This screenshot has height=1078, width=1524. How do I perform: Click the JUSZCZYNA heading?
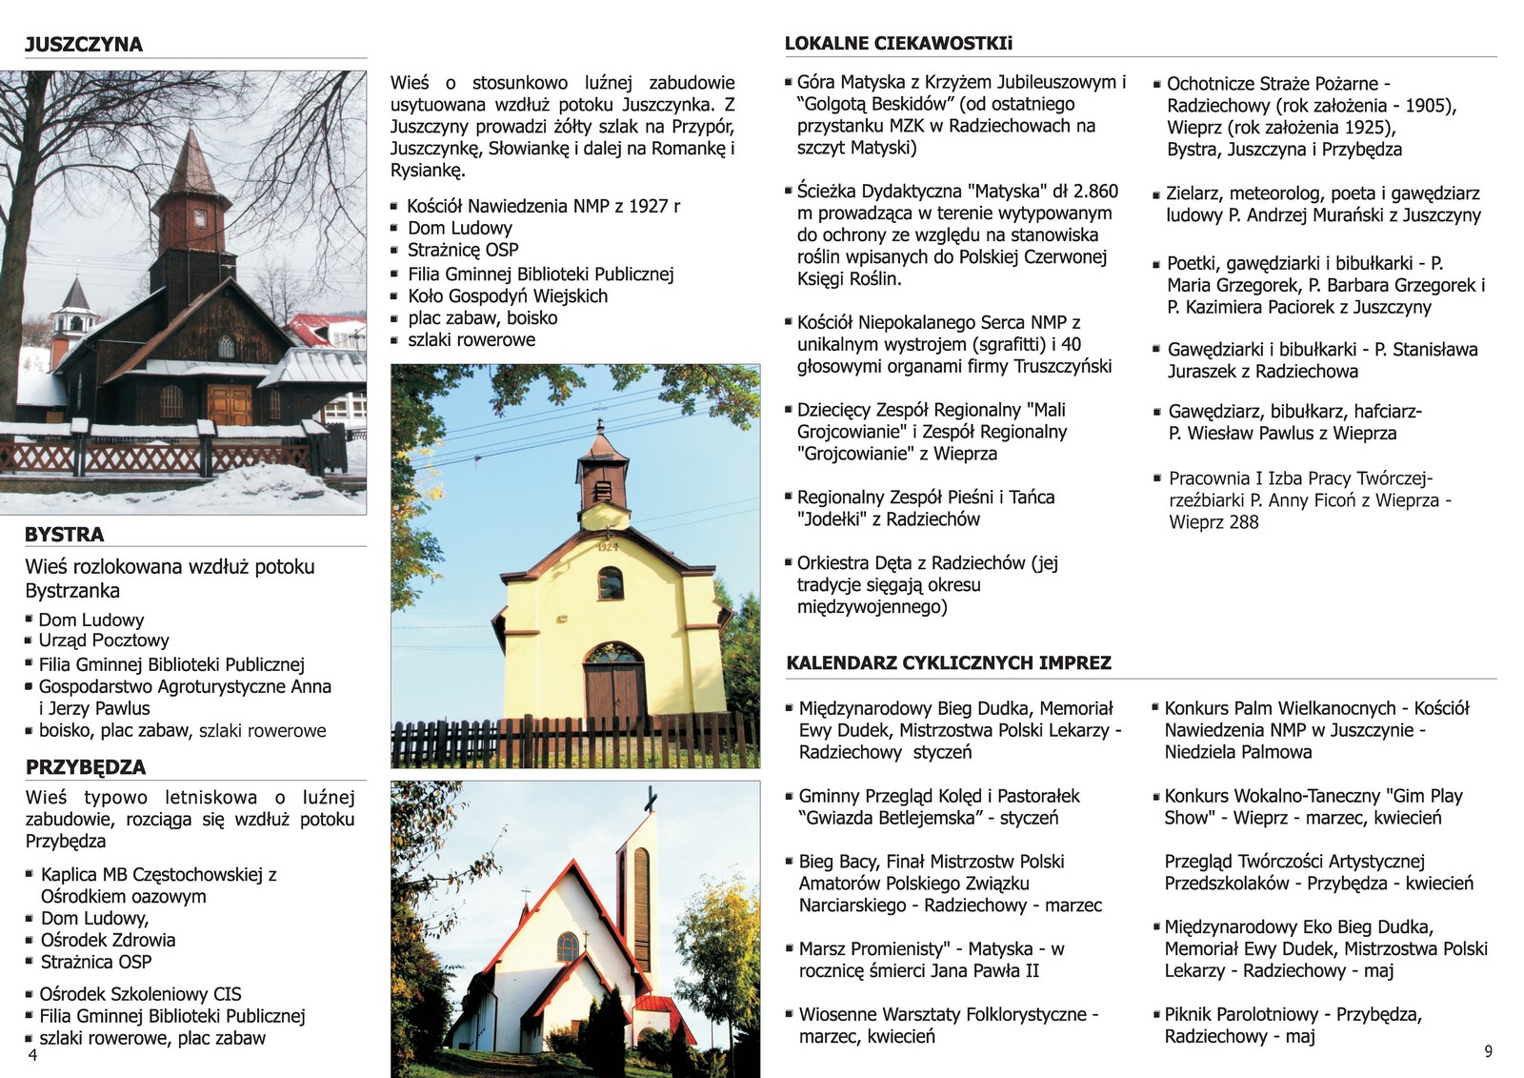tap(84, 44)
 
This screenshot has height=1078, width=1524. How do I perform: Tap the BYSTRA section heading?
tap(64, 534)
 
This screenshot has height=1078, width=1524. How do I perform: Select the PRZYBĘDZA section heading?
tap(86, 767)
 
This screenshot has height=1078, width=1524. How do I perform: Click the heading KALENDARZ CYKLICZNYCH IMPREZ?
tap(949, 662)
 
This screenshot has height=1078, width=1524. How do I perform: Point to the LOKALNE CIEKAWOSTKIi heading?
tap(898, 43)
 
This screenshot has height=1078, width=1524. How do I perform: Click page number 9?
tap(1488, 1051)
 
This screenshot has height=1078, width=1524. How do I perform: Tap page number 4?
tap(32, 1055)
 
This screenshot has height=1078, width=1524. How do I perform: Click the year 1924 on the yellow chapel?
tap(607, 548)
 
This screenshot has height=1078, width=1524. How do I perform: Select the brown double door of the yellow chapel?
tap(614, 692)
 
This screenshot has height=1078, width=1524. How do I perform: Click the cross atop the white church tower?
tap(651, 799)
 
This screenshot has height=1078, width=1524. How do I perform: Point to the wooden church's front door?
tap(230, 403)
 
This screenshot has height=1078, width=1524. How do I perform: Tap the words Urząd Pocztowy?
tap(104, 641)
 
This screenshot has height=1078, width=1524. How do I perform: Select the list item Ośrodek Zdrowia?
tap(108, 940)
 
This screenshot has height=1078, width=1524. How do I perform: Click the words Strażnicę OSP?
tap(463, 250)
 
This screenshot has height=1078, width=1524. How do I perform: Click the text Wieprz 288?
tap(1213, 521)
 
